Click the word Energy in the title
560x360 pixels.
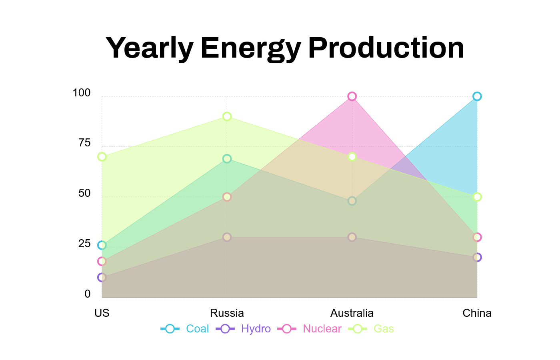250,48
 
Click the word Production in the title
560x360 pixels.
386,48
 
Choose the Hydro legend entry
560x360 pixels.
244,329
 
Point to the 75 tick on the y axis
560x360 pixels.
84,143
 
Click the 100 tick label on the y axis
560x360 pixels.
82,93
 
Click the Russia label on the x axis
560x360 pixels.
227,313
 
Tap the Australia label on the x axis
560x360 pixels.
352,313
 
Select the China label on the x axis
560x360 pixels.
477,313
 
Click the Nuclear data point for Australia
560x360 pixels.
352,96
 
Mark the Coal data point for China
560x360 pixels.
477,96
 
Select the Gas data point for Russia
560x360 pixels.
227,116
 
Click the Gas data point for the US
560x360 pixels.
102,156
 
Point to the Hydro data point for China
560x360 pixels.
477,257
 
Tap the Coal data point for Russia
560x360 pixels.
227,159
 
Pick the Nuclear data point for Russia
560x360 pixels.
227,197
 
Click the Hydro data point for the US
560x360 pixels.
102,277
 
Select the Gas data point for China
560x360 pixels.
477,197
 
